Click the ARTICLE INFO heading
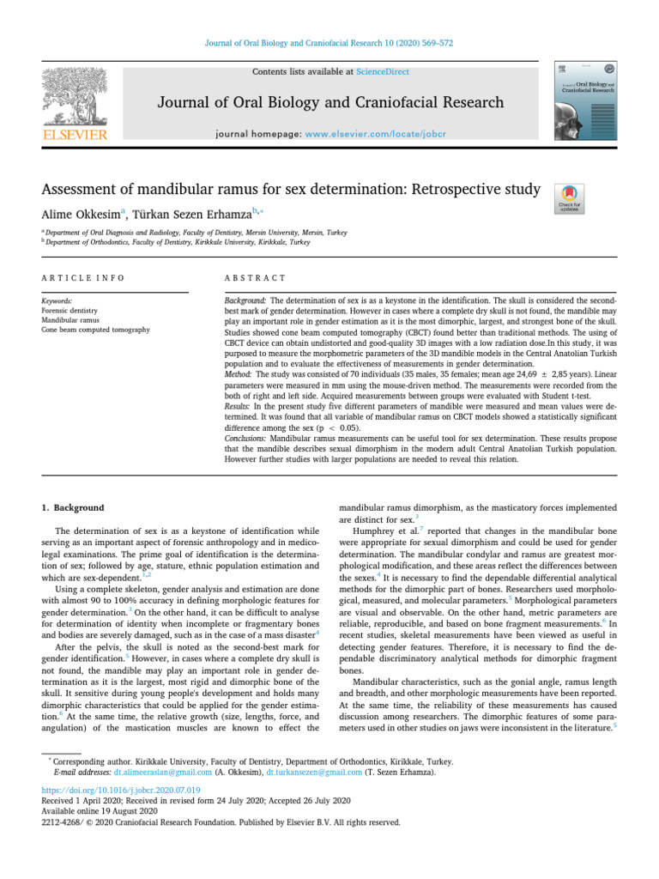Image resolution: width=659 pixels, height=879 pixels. point(83,278)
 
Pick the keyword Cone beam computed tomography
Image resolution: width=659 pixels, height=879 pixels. point(95,330)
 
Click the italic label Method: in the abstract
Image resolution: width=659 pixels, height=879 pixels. point(240,373)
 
